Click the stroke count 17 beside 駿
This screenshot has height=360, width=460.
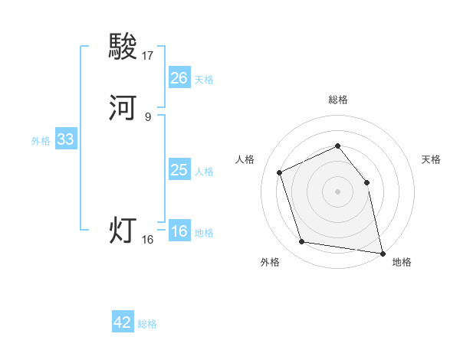click(x=148, y=55)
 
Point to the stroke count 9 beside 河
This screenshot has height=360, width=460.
click(x=148, y=117)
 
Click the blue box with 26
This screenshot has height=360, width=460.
click(x=179, y=78)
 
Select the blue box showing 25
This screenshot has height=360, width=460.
click(x=179, y=170)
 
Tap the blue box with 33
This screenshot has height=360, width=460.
click(x=65, y=139)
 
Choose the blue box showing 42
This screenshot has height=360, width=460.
click(x=123, y=322)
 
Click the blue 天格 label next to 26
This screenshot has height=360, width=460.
click(x=204, y=80)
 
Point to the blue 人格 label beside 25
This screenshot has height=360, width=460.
click(x=204, y=172)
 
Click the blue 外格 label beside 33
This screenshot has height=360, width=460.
click(x=41, y=141)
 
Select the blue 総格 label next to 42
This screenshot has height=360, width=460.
click(x=147, y=324)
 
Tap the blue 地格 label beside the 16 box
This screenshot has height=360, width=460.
click(x=204, y=233)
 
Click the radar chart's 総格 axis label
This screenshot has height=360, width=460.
click(x=337, y=100)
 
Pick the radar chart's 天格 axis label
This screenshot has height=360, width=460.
click(x=431, y=159)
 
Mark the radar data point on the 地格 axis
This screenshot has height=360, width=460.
click(x=382, y=252)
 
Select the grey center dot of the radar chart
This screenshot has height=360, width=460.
click(x=337, y=191)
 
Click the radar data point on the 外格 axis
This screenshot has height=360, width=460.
click(x=302, y=242)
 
